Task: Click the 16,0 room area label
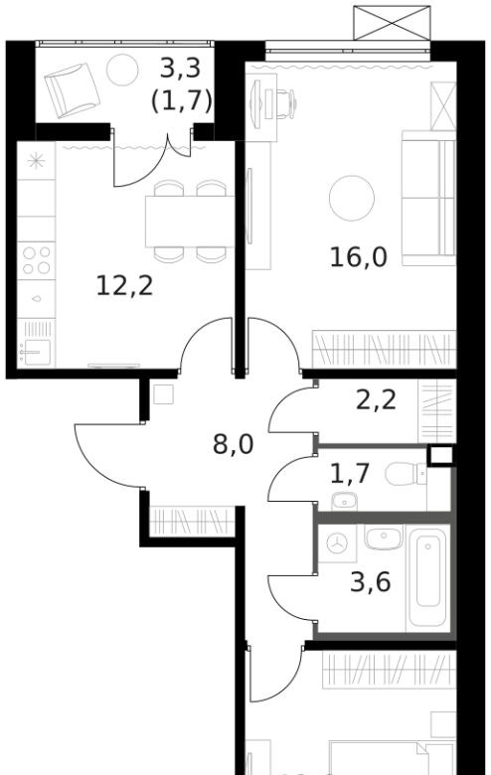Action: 359,257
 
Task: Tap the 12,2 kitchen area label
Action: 124,286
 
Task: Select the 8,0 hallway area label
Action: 233,444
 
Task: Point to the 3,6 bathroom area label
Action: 371,581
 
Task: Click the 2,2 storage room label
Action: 376,399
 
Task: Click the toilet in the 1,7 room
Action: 406,474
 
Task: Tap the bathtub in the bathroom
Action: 427,577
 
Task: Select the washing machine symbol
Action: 337,543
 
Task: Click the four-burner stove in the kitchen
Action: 36,260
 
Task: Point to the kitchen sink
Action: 35,352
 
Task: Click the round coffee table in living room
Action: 352,198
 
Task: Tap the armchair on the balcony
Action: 73,90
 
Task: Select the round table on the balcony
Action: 122,70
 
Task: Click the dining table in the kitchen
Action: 190,222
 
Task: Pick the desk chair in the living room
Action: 281,104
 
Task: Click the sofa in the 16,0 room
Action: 428,198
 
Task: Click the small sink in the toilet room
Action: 344,501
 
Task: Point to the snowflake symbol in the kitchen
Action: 36,161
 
